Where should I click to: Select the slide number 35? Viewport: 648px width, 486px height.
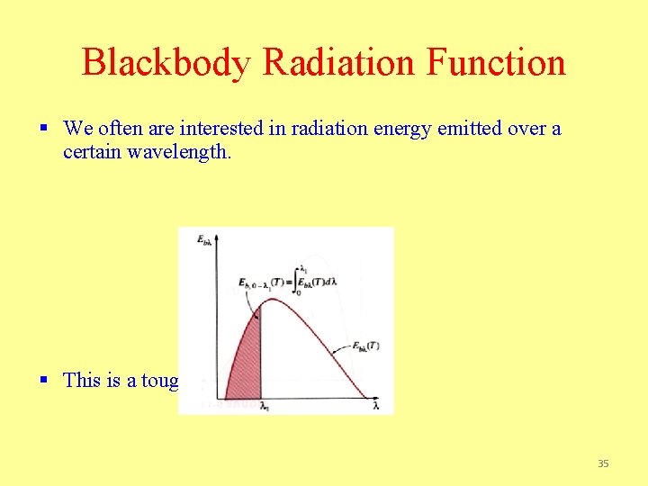603,463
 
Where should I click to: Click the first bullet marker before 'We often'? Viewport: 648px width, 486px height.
44,129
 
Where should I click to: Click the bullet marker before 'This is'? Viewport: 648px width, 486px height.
44,380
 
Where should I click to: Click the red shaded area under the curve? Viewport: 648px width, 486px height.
243,369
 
